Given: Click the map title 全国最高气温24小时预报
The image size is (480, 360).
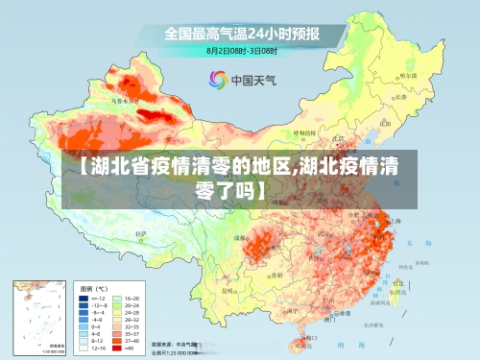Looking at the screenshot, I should tap(241, 34).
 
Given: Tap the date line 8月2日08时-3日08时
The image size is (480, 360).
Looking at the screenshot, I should tap(242, 50).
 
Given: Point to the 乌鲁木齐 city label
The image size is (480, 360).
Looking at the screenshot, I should tap(123, 100).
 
